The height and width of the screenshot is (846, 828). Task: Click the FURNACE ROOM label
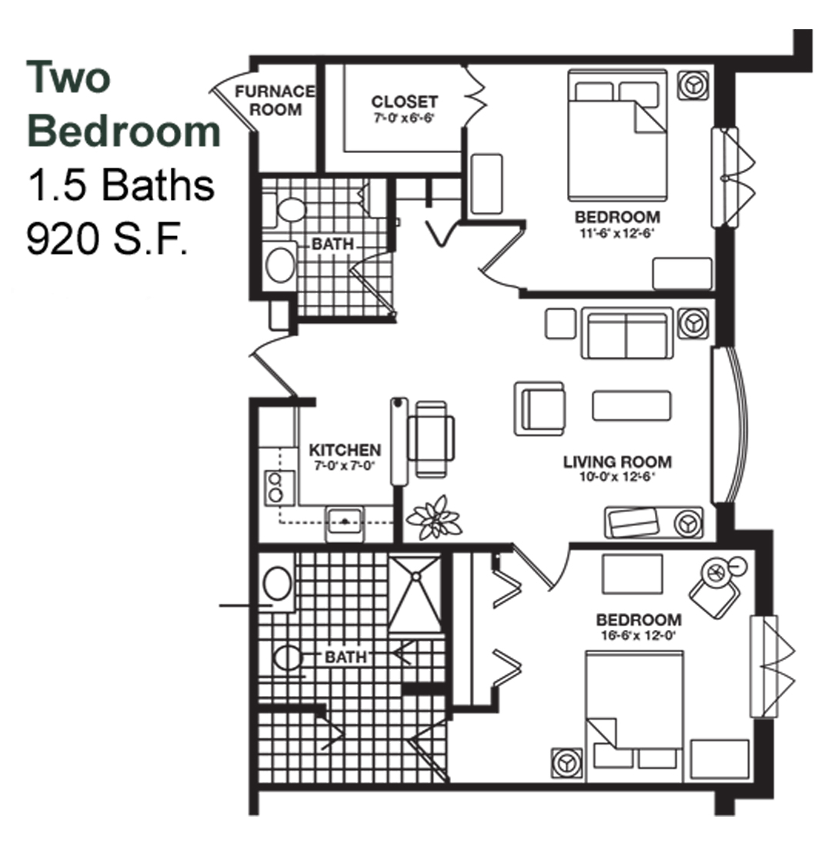pos(275,100)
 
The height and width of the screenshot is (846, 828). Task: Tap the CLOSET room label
pos(404,102)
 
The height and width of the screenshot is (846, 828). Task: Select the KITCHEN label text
pos(345,450)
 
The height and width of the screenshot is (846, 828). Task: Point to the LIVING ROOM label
pos(617,462)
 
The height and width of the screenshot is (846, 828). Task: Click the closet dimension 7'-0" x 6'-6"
pos(404,118)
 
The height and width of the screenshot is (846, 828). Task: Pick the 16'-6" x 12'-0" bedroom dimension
pos(639,635)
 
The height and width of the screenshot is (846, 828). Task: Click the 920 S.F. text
pos(108,238)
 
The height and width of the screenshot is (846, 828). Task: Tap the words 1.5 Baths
pos(121,185)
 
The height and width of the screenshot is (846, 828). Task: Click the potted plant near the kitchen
pos(434,518)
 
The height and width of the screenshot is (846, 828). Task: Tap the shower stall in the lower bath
pos(416,594)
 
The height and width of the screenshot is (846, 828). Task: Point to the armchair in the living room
pos(539,409)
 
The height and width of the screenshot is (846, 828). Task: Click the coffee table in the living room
pos(632,405)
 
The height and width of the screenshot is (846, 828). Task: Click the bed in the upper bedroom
pos(617,135)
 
